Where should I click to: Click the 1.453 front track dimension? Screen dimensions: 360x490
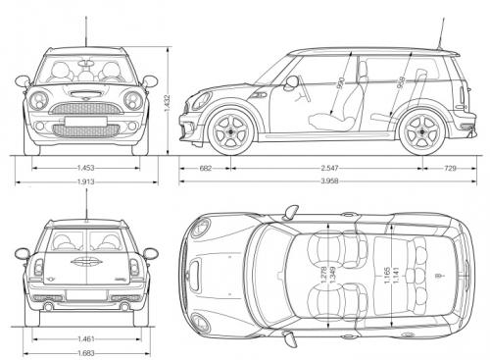point(85,168)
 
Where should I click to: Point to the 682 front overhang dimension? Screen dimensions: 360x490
point(205,168)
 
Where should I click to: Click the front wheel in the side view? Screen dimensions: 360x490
point(232,129)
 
